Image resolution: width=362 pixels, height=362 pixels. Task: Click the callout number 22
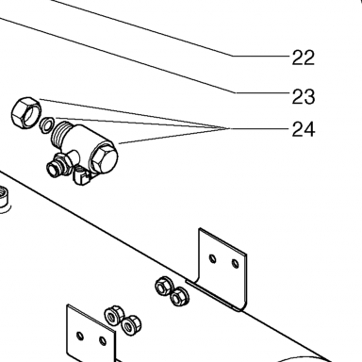pyautogui.click(x=303, y=58)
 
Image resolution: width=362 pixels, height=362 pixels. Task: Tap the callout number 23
pyautogui.click(x=303, y=97)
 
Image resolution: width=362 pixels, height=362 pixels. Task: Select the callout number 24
pyautogui.click(x=303, y=129)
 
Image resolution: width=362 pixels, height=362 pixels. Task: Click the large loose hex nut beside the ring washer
pyautogui.click(x=26, y=111)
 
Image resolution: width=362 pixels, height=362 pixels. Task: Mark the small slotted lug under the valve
pyautogui.click(x=81, y=177)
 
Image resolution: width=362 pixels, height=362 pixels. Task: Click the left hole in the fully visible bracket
pyautogui.click(x=213, y=259)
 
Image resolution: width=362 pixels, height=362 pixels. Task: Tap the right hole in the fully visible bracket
pyautogui.click(x=235, y=263)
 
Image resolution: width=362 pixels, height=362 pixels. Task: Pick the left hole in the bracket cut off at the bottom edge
pyautogui.click(x=80, y=336)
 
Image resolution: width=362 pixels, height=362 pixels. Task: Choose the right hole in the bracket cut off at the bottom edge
pyautogui.click(x=103, y=341)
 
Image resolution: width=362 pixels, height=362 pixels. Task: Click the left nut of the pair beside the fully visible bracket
pyautogui.click(x=163, y=286)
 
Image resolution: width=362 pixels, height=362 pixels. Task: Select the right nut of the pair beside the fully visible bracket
pyautogui.click(x=180, y=297)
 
